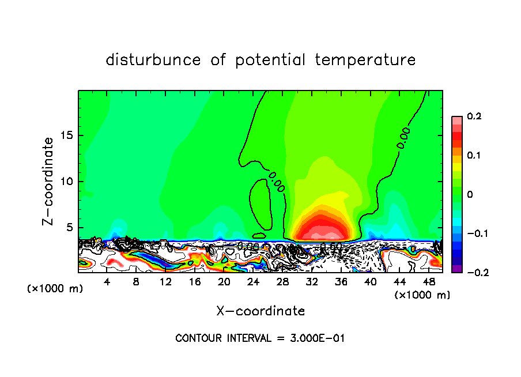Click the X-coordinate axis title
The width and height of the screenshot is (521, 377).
[x=260, y=311]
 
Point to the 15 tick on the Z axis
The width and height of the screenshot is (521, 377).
[x=67, y=135]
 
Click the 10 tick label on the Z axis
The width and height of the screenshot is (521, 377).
[x=67, y=182]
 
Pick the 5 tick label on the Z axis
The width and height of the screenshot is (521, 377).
[x=70, y=227]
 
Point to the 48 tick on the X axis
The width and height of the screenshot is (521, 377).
[x=429, y=282]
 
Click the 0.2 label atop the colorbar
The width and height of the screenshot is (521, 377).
[x=474, y=117]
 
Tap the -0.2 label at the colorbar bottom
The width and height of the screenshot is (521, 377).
[x=472, y=273]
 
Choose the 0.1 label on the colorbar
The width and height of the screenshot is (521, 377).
[x=474, y=156]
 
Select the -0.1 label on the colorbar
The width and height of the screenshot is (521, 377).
[x=472, y=234]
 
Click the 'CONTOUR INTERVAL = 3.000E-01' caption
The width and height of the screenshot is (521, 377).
[x=260, y=338]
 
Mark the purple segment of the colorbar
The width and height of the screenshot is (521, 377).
[x=456, y=269]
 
